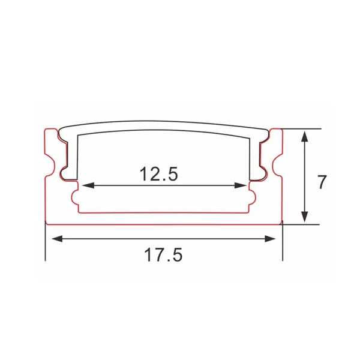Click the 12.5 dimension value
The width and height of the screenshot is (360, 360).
click(x=159, y=174)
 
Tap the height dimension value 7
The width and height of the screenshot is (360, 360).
click(x=322, y=181)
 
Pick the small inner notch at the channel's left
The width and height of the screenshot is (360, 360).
click(x=76, y=197)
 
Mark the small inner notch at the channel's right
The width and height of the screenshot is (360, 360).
click(x=252, y=197)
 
